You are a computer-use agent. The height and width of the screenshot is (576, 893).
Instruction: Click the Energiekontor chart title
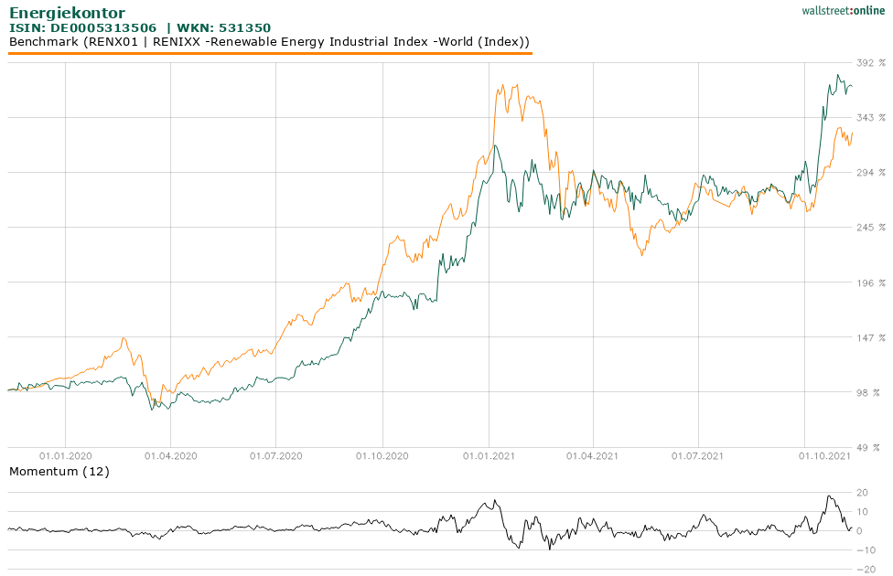tap(67, 13)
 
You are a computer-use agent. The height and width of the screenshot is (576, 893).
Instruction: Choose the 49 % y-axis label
tap(869, 448)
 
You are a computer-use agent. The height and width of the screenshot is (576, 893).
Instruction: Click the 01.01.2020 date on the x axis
tap(66, 454)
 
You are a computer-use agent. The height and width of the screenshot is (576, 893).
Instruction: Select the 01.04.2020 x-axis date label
tap(171, 454)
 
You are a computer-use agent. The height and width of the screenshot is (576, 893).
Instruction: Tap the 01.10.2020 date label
tap(382, 454)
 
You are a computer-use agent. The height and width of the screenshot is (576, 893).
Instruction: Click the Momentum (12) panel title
tap(59, 472)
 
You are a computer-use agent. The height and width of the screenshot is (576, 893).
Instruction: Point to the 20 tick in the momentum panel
tap(862, 493)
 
